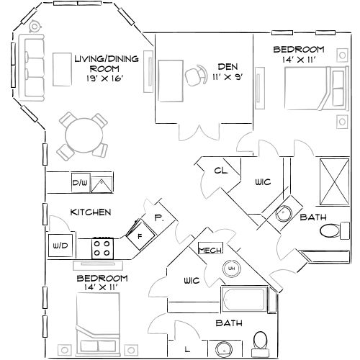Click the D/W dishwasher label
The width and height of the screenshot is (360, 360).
(x=79, y=184)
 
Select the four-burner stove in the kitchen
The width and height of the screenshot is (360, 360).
(x=102, y=248)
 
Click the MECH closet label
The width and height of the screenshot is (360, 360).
(x=210, y=249)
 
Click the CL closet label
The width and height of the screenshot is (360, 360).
(x=221, y=171)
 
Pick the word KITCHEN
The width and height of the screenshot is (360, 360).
(x=90, y=212)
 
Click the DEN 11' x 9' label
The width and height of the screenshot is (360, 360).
(x=228, y=71)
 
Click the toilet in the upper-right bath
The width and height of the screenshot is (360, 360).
(x=330, y=232)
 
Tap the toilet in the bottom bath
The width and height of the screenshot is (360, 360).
(x=261, y=341)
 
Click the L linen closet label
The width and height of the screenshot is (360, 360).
(x=186, y=350)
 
